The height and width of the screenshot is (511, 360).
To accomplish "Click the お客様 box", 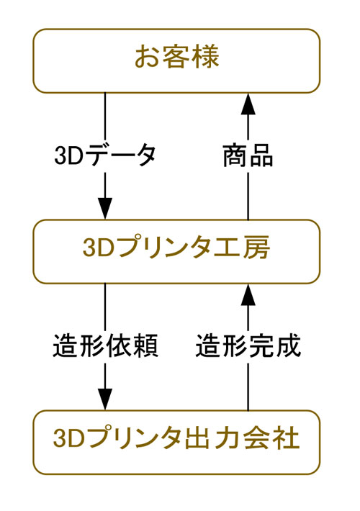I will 176,60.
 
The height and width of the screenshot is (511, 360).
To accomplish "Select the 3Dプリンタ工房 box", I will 176,250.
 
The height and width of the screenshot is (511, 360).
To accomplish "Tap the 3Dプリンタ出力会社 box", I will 176,440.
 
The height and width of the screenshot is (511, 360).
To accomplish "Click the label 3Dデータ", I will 105,155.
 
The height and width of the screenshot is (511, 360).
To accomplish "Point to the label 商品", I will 248,155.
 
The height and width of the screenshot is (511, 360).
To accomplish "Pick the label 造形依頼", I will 105,346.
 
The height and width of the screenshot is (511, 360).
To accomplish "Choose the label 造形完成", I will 248,346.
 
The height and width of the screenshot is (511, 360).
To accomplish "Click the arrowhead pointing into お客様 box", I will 248,104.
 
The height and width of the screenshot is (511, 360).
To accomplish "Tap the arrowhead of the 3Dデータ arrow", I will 105,208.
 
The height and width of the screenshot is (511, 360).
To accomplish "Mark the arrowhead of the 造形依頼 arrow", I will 105,398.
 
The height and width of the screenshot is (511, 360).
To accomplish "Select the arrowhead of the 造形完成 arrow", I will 248,294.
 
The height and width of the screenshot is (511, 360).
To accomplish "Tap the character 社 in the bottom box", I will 286,438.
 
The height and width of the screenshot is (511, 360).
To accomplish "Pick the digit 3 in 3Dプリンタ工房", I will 89,249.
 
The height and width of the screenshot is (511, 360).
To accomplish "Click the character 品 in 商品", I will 261,155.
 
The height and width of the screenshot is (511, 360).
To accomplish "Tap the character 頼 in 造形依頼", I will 145,346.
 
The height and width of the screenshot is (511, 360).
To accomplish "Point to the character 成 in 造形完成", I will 287,346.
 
